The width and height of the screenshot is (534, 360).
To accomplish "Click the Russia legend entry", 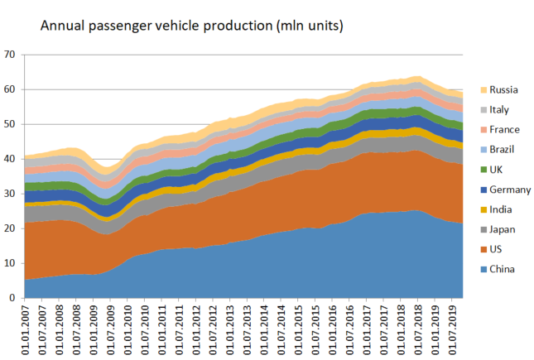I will (x=503, y=89).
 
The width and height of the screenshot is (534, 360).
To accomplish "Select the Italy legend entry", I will (x=500, y=110).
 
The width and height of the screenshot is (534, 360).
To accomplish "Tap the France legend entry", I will (x=504, y=130).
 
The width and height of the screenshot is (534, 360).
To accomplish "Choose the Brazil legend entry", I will (x=503, y=150).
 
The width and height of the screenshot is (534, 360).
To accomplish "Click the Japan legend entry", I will (x=503, y=229).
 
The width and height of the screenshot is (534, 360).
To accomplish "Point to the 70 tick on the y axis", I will (x=10, y=55).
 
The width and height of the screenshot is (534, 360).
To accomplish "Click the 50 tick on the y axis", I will (x=10, y=124).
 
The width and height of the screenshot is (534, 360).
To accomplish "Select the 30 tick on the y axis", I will (x=10, y=194).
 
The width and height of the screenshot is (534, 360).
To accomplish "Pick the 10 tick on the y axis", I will (x=10, y=263).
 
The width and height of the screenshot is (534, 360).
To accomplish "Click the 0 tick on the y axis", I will (x=12, y=298).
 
